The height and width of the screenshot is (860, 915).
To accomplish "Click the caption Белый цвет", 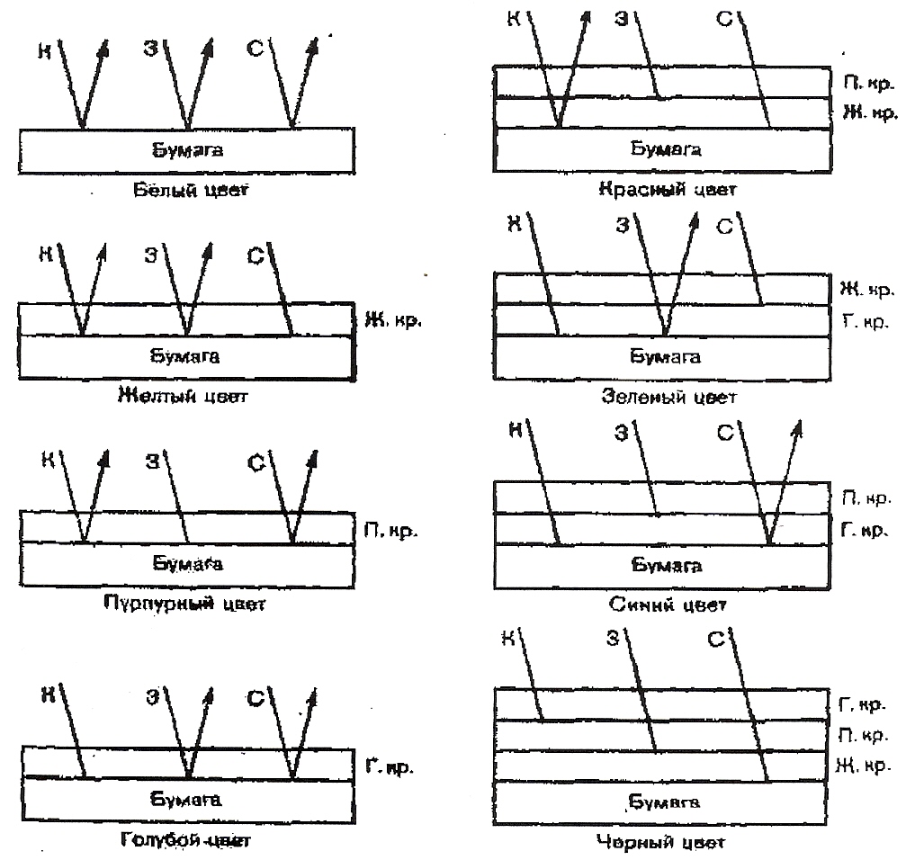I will click(x=185, y=192).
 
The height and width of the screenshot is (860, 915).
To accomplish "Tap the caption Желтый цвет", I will click(x=184, y=396).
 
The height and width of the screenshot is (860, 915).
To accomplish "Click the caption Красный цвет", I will click(x=666, y=190).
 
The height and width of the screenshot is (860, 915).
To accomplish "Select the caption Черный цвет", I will click(x=660, y=842).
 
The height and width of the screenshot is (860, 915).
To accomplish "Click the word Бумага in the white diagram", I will click(x=185, y=149).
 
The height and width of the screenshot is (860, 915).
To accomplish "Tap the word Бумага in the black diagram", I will click(x=664, y=802).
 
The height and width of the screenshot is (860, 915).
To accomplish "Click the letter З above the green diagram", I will click(x=620, y=226).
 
